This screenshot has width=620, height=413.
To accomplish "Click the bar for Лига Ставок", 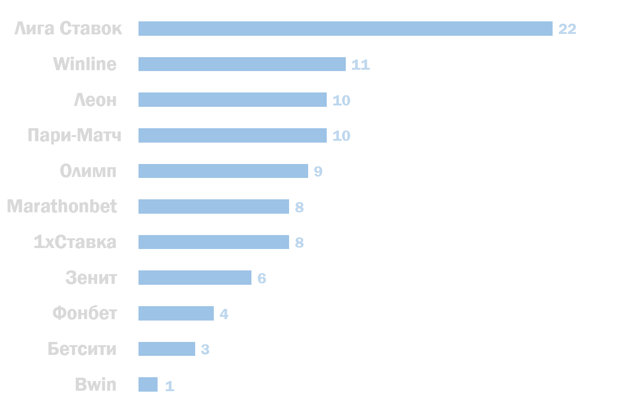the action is (x=345, y=28).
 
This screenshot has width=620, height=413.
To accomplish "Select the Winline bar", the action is (x=242, y=64).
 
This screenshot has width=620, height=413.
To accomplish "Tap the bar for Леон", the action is (x=232, y=99).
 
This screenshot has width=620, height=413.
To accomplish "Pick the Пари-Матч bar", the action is (x=232, y=135).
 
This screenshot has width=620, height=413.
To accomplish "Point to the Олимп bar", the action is (x=223, y=171).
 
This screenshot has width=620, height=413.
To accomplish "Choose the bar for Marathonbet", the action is (x=214, y=206).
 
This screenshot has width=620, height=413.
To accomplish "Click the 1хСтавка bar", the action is (x=214, y=242).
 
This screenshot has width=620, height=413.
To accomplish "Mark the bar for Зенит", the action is (x=195, y=277).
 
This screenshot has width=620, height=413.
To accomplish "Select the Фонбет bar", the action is (x=176, y=313).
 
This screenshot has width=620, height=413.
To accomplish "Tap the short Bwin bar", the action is (x=148, y=385).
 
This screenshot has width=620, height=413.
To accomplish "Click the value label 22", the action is (x=567, y=29).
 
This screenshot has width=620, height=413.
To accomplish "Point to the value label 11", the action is (x=361, y=65).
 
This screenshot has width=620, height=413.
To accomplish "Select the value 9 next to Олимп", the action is (x=318, y=171).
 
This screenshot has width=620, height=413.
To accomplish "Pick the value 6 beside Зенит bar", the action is (x=262, y=278).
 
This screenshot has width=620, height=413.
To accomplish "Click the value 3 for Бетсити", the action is (x=205, y=349).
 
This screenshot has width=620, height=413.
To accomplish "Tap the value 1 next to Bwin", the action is (x=170, y=386).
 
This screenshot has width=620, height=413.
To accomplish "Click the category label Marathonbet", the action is (x=62, y=206).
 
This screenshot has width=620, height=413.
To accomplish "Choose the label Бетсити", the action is (x=82, y=348).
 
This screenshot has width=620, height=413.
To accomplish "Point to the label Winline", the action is (x=85, y=64).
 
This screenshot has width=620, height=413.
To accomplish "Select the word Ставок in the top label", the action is (x=91, y=28).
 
